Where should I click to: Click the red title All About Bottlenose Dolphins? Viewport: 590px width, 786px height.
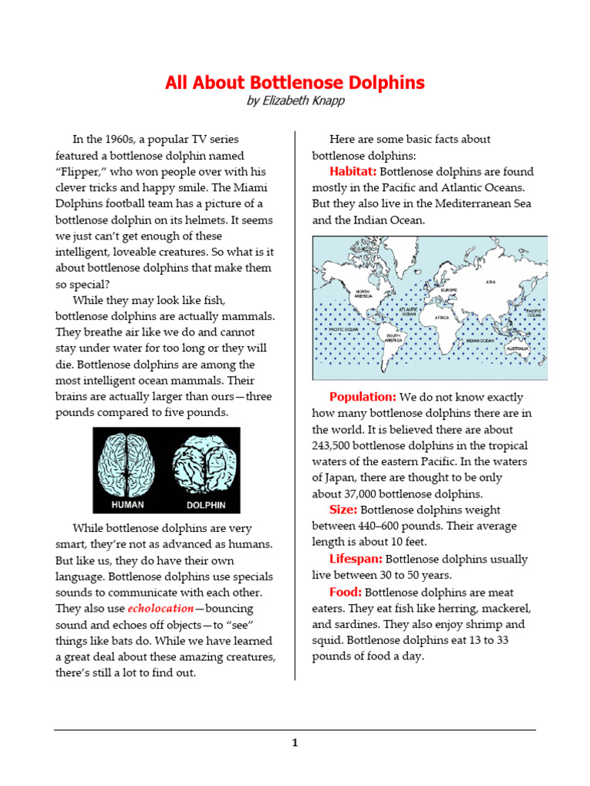pyautogui.click(x=295, y=83)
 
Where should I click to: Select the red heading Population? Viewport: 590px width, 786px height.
pyautogui.click(x=363, y=397)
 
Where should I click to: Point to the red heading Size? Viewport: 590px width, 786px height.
pyautogui.click(x=343, y=510)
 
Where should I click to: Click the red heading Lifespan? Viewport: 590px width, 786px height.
pyautogui.click(x=356, y=559)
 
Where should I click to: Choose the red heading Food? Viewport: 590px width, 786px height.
pyautogui.click(x=346, y=593)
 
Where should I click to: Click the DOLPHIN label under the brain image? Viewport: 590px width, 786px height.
pyautogui.click(x=206, y=505)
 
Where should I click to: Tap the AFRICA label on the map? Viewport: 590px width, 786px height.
pyautogui.click(x=442, y=317)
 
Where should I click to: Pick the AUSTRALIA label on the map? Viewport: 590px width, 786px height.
pyautogui.click(x=516, y=349)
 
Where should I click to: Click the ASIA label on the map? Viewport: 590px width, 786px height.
pyautogui.click(x=491, y=282)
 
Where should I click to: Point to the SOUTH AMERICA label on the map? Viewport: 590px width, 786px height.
pyautogui.click(x=394, y=338)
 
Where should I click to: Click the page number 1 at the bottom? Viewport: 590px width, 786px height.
pyautogui.click(x=294, y=742)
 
